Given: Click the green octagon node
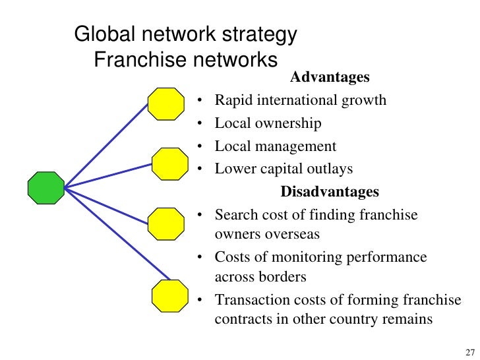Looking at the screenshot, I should tap(45, 188).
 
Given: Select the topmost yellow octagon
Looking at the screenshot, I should tap(165, 104).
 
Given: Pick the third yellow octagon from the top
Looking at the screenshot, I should tap(165, 224).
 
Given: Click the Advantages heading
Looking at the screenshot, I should tap(330, 78).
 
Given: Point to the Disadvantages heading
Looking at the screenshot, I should tap(330, 192).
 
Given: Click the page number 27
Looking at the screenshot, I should tap(469, 350).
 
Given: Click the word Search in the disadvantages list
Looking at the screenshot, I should tap(235, 215).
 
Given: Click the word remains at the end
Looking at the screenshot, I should tap(407, 319).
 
